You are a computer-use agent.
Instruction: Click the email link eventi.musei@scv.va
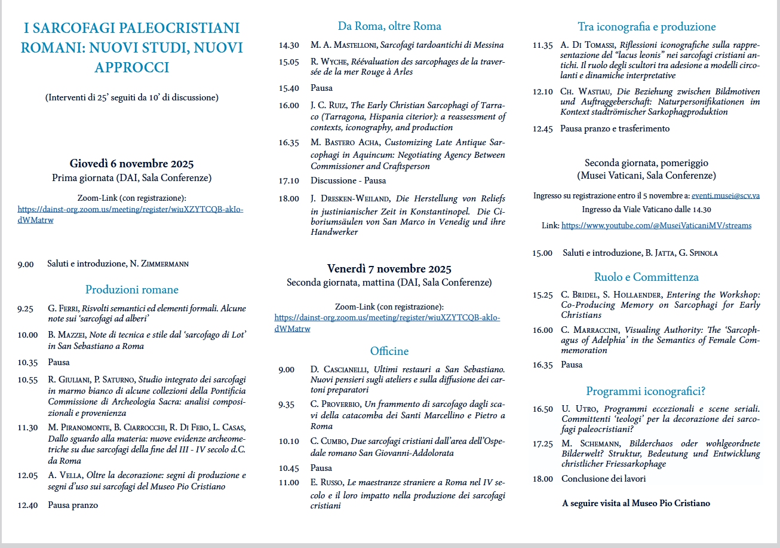pyautogui.click(x=726, y=195)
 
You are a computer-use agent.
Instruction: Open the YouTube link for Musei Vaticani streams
pyautogui.click(x=656, y=225)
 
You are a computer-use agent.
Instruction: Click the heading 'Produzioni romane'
pyautogui.click(x=131, y=290)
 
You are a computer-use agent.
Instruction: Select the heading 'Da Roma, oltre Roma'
pyautogui.click(x=389, y=26)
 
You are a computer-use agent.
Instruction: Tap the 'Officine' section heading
pyautogui.click(x=389, y=351)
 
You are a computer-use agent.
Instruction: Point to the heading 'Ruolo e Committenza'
pyautogui.click(x=646, y=277)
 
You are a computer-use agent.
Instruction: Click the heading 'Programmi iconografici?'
pyautogui.click(x=646, y=391)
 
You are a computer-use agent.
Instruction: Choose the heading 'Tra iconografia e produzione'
pyautogui.click(x=646, y=27)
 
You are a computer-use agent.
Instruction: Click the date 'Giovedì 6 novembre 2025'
pyautogui.click(x=131, y=164)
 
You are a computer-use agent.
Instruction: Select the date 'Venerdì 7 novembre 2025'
pyautogui.click(x=389, y=268)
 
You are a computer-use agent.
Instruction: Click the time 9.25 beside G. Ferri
pyautogui.click(x=25, y=309)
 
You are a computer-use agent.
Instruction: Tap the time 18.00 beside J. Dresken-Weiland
pyautogui.click(x=288, y=198)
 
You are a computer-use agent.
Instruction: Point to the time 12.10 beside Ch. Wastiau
pyautogui.click(x=543, y=92)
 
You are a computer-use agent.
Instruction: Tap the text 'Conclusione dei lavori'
pyautogui.click(x=603, y=479)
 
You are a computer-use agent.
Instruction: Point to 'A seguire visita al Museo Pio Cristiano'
pyautogui.click(x=636, y=503)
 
